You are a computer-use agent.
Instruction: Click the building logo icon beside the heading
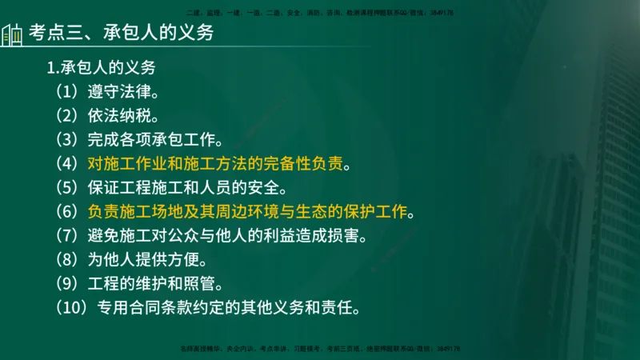[x=12, y=34]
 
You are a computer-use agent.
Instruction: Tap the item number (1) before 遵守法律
[x=68, y=88]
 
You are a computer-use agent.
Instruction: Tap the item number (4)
[x=68, y=164]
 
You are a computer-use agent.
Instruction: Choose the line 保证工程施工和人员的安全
[x=182, y=189]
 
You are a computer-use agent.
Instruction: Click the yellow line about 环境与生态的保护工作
[x=249, y=214]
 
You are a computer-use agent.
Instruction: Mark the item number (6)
[x=68, y=214]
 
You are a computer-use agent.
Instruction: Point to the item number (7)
[x=68, y=238]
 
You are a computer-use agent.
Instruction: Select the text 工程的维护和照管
[x=152, y=284]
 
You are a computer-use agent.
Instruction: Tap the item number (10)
[x=72, y=308]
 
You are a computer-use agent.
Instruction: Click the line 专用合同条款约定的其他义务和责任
[x=229, y=308]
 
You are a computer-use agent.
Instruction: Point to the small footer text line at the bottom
[x=320, y=349]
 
